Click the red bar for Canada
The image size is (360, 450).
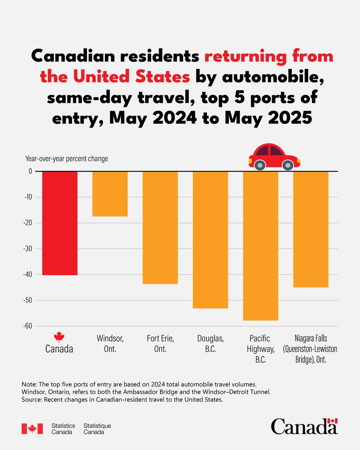click(x=60, y=223)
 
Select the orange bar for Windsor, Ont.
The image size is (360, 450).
click(x=110, y=194)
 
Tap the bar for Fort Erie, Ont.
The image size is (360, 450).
click(x=160, y=228)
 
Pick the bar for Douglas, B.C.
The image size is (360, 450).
click(x=210, y=240)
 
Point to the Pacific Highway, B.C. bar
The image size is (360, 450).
click(x=261, y=246)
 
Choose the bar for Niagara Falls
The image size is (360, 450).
click(x=311, y=229)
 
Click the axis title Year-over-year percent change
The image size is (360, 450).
click(x=66, y=159)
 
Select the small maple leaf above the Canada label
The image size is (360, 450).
click(x=59, y=336)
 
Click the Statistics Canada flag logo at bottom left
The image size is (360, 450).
click(x=32, y=429)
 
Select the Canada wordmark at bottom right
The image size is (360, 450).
click(x=304, y=426)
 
